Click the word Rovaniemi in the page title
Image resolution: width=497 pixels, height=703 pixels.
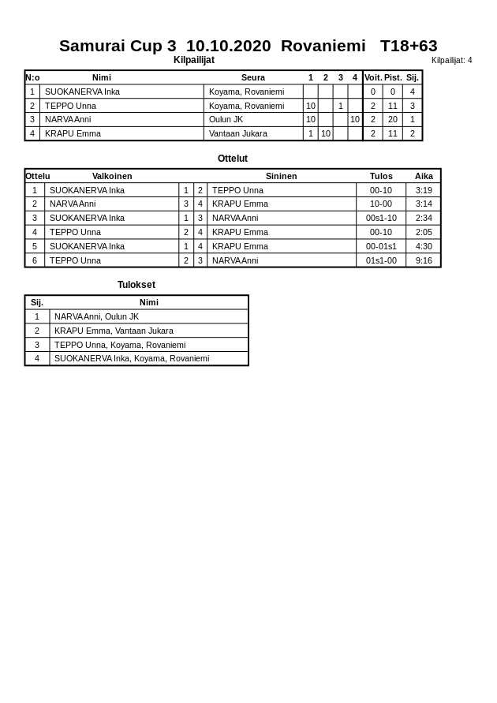click(x=323, y=46)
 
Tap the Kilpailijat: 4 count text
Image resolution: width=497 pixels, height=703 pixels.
click(x=451, y=61)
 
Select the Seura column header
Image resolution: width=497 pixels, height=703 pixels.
click(x=253, y=77)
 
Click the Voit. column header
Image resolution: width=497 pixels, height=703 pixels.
click(x=373, y=77)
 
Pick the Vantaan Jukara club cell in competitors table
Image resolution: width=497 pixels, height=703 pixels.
click(x=238, y=133)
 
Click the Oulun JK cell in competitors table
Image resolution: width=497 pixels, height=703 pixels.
click(x=226, y=119)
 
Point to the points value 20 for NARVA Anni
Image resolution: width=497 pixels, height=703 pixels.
click(x=393, y=119)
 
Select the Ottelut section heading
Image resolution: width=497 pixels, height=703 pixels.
click(x=233, y=159)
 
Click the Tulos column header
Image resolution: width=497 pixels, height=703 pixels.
click(x=381, y=176)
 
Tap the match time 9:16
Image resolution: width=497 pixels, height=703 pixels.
click(x=424, y=260)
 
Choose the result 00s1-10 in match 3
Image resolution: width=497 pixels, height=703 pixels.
click(x=381, y=218)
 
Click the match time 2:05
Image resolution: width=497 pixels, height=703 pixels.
click(x=424, y=232)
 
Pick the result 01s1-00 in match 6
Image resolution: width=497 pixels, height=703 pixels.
click(x=381, y=260)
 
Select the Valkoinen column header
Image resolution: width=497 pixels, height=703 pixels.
click(x=112, y=176)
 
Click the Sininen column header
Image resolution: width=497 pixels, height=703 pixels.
click(x=282, y=176)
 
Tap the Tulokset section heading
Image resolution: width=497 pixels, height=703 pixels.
click(x=136, y=285)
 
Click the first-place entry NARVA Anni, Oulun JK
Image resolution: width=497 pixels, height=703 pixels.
click(x=96, y=316)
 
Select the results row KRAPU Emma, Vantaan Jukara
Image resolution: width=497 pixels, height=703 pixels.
click(x=114, y=331)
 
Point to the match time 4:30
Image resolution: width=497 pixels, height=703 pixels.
click(x=424, y=246)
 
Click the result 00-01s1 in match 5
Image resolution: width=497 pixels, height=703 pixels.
click(x=381, y=246)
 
